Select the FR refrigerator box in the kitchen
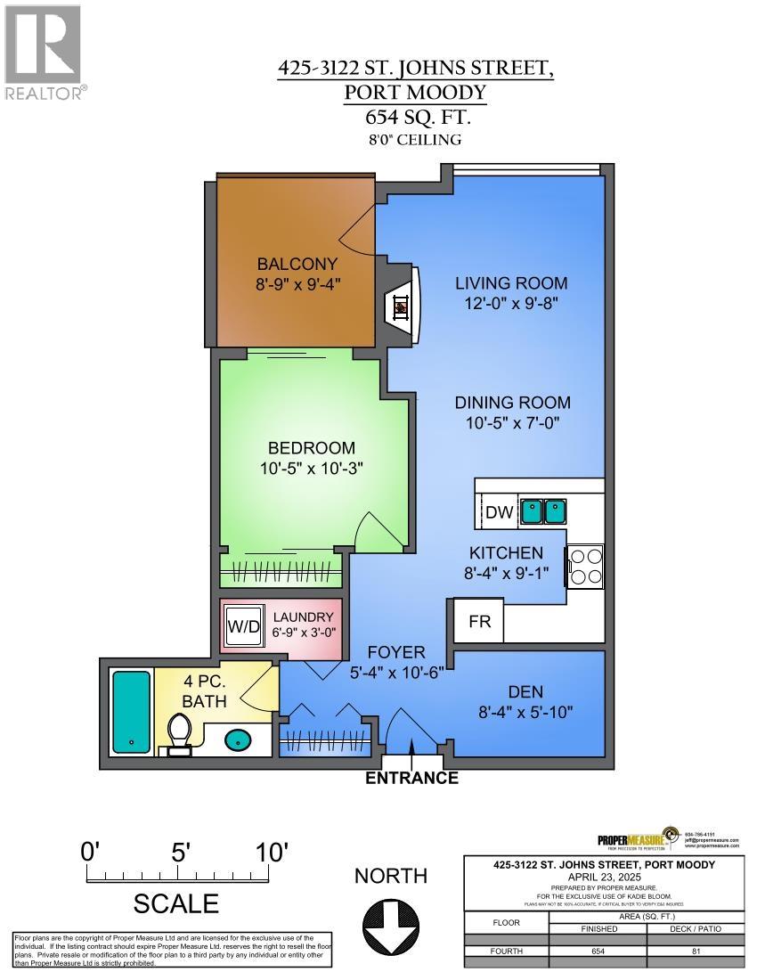click(479, 621)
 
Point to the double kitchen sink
click(543, 510)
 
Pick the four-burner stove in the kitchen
click(585, 566)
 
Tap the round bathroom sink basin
click(237, 739)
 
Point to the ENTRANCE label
click(412, 778)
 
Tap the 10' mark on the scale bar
click(271, 852)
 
